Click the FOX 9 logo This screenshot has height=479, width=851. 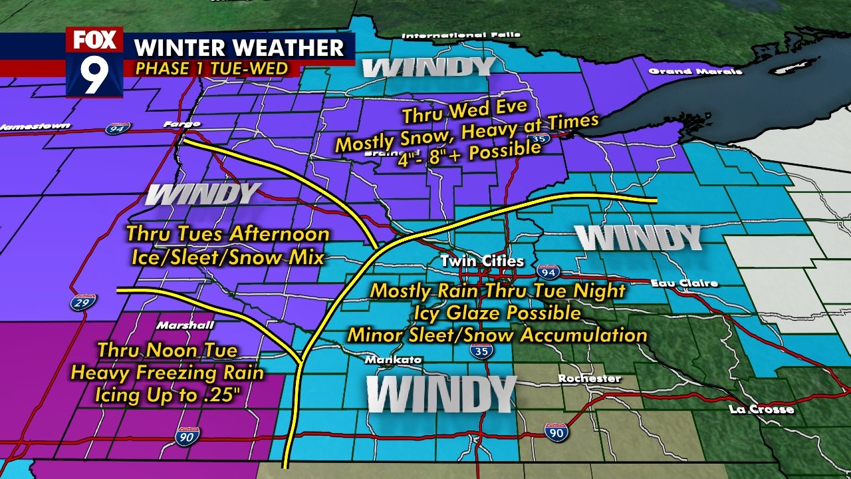[94, 62]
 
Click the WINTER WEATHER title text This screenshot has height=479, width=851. [239, 48]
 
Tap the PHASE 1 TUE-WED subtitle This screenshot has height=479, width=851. [212, 69]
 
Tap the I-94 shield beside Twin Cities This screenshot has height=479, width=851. [549, 271]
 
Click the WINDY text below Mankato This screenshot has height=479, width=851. [441, 394]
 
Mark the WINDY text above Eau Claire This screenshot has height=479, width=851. [638, 238]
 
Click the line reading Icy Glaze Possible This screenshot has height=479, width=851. [497, 313]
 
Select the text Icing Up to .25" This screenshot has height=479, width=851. [167, 395]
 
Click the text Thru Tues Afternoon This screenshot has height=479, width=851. [228, 234]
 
